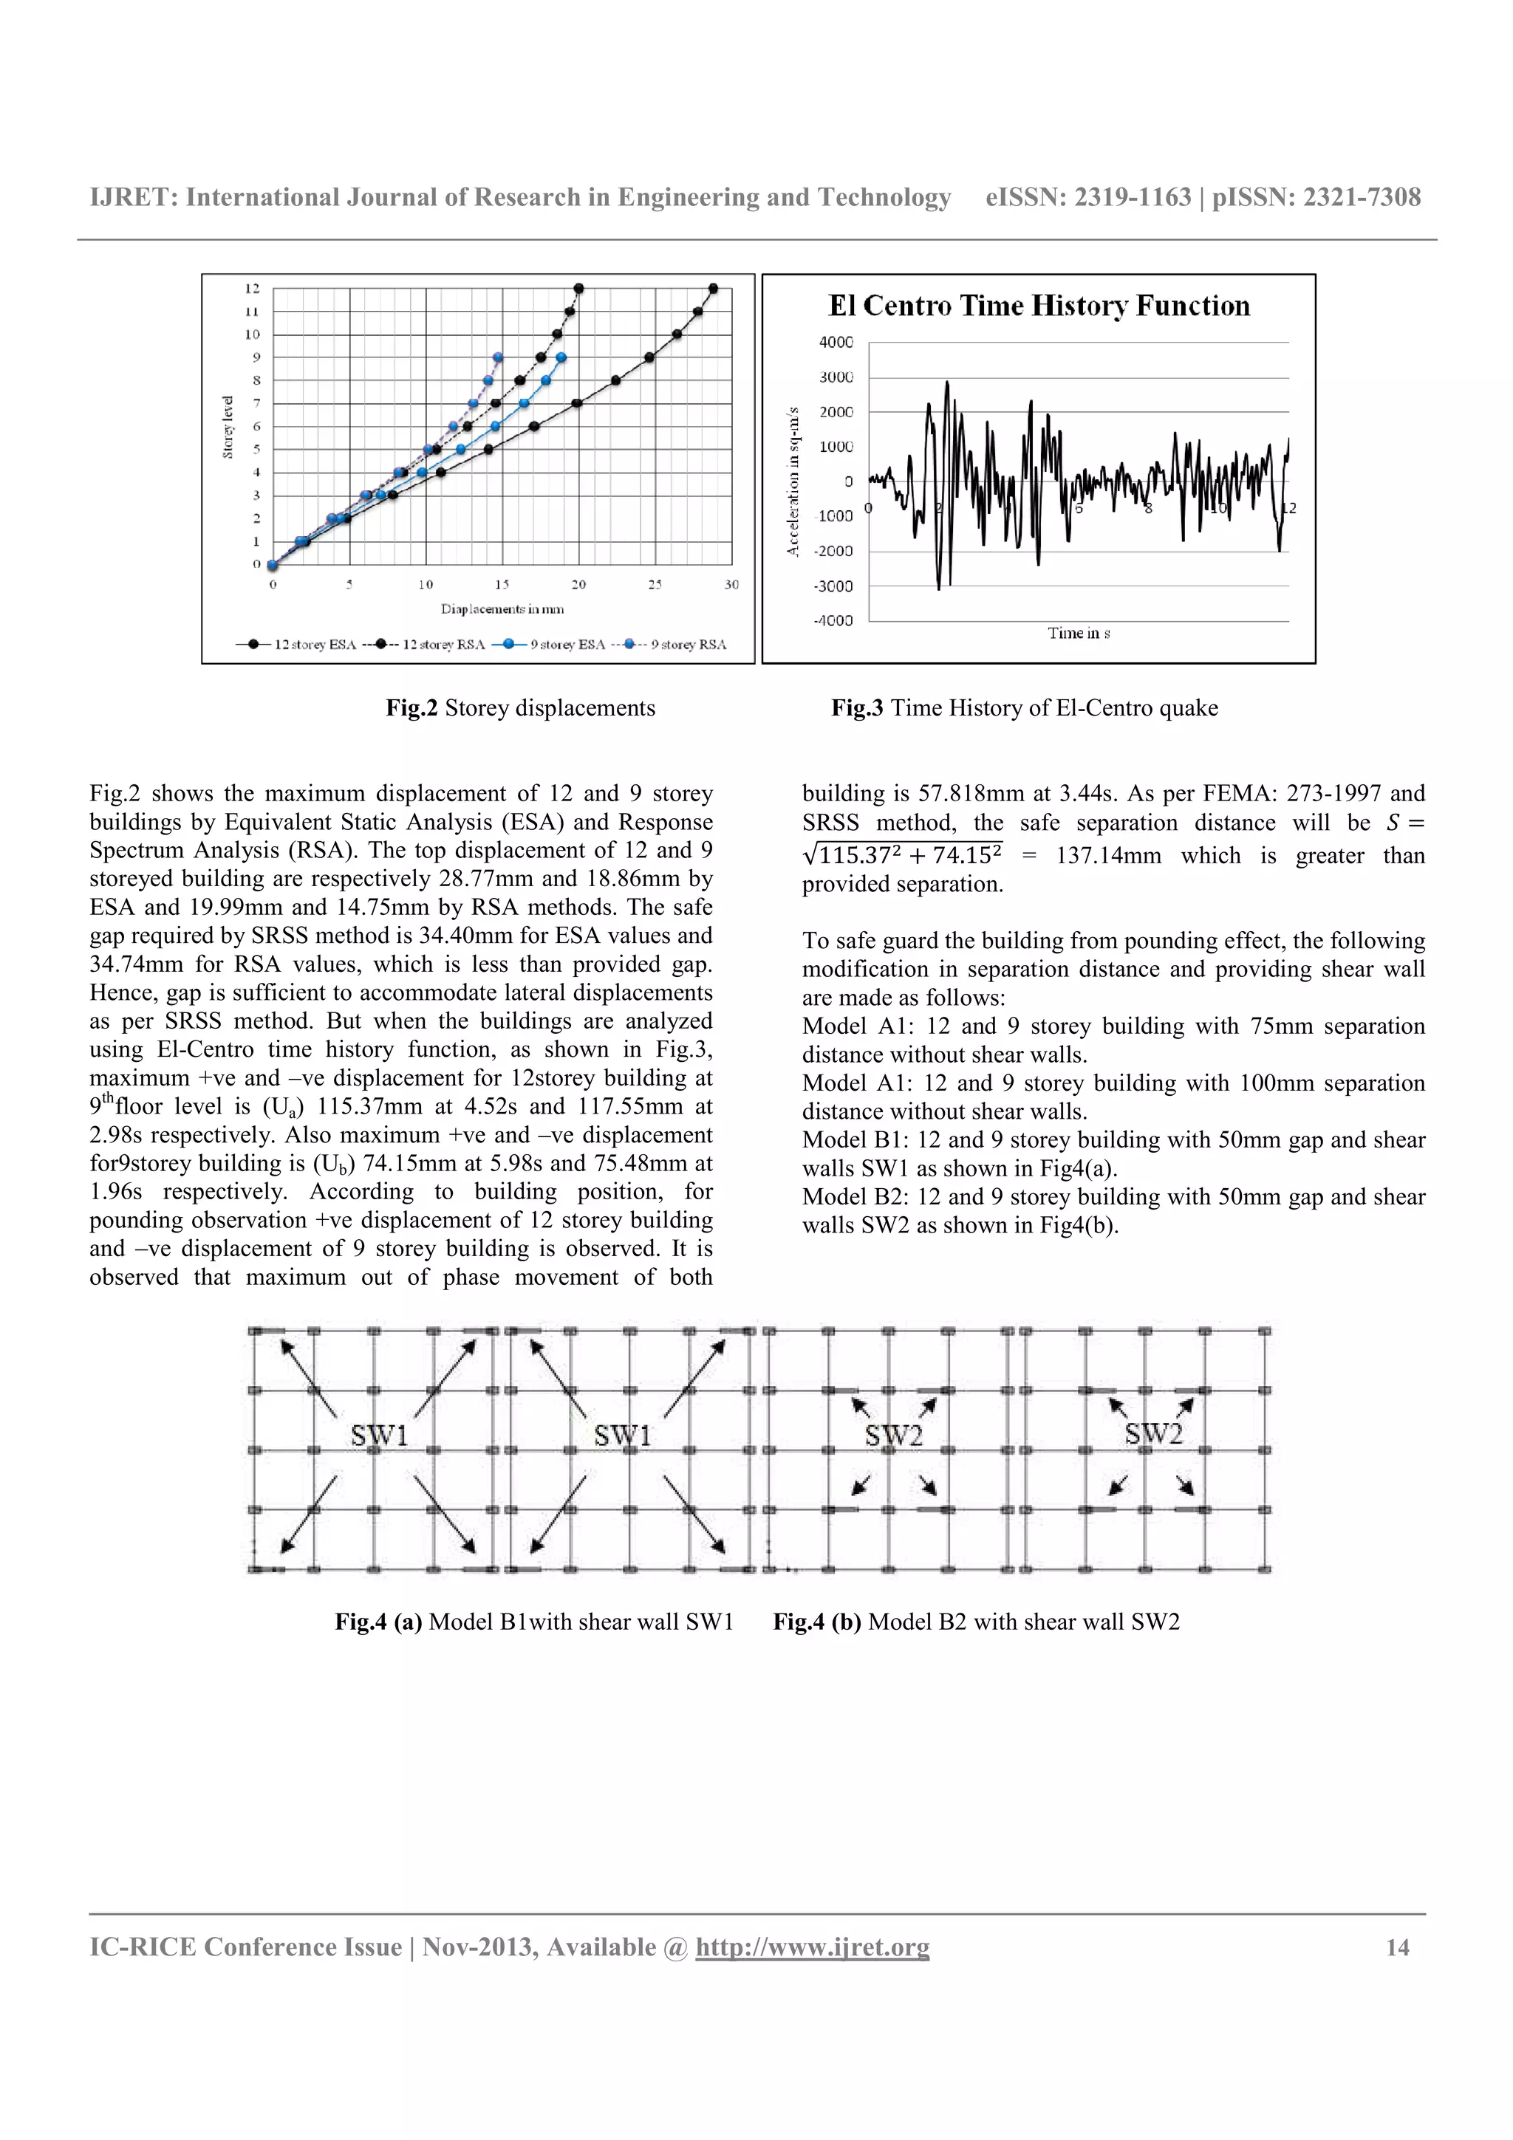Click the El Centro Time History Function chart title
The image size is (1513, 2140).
click(x=1039, y=306)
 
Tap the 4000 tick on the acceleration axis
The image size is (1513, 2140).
click(x=836, y=342)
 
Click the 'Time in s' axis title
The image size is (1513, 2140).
click(x=1079, y=634)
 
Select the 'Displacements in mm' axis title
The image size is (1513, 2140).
click(x=502, y=609)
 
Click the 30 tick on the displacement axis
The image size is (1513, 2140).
click(x=731, y=584)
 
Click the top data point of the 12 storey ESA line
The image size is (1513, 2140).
click(x=713, y=288)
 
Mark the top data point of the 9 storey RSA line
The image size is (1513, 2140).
click(x=498, y=357)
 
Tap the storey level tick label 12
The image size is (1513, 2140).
click(x=253, y=288)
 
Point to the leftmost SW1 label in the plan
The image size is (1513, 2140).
click(x=378, y=1436)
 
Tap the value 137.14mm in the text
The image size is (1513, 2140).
click(x=1107, y=856)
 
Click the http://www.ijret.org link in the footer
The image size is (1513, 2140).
click(x=812, y=1947)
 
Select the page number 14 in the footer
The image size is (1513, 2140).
click(x=1398, y=1947)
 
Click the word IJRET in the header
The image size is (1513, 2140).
click(x=132, y=198)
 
